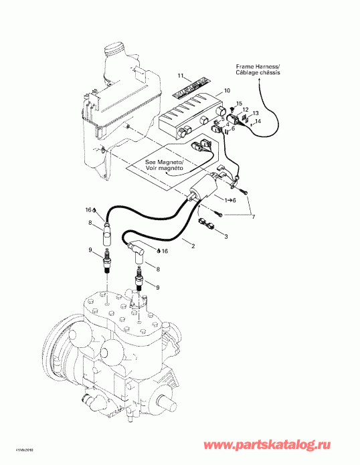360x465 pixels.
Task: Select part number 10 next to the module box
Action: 227,90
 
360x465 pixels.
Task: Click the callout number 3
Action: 226,237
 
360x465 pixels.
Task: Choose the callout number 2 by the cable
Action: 193,247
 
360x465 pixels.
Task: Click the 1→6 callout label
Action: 229,200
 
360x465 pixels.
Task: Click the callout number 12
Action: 246,110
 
